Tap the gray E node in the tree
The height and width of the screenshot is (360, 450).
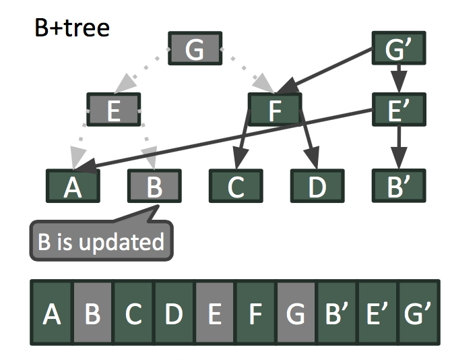point(114,110)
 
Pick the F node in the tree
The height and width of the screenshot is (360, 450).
point(275,110)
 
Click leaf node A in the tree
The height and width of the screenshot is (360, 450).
point(73,186)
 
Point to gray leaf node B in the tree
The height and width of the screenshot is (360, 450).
point(154,186)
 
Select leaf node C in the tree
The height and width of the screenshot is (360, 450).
point(236,186)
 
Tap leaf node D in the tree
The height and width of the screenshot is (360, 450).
point(317,186)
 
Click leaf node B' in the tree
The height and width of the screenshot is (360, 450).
point(398,186)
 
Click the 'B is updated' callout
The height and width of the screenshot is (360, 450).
point(101,241)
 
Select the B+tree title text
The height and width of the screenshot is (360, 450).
point(71,28)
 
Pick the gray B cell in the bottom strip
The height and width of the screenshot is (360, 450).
point(93,315)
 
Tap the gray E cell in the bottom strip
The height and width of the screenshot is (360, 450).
point(215,315)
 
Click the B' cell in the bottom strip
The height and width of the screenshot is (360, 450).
point(337,315)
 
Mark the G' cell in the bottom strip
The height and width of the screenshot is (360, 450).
point(418,315)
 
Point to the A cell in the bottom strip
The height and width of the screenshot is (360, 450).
point(52,315)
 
